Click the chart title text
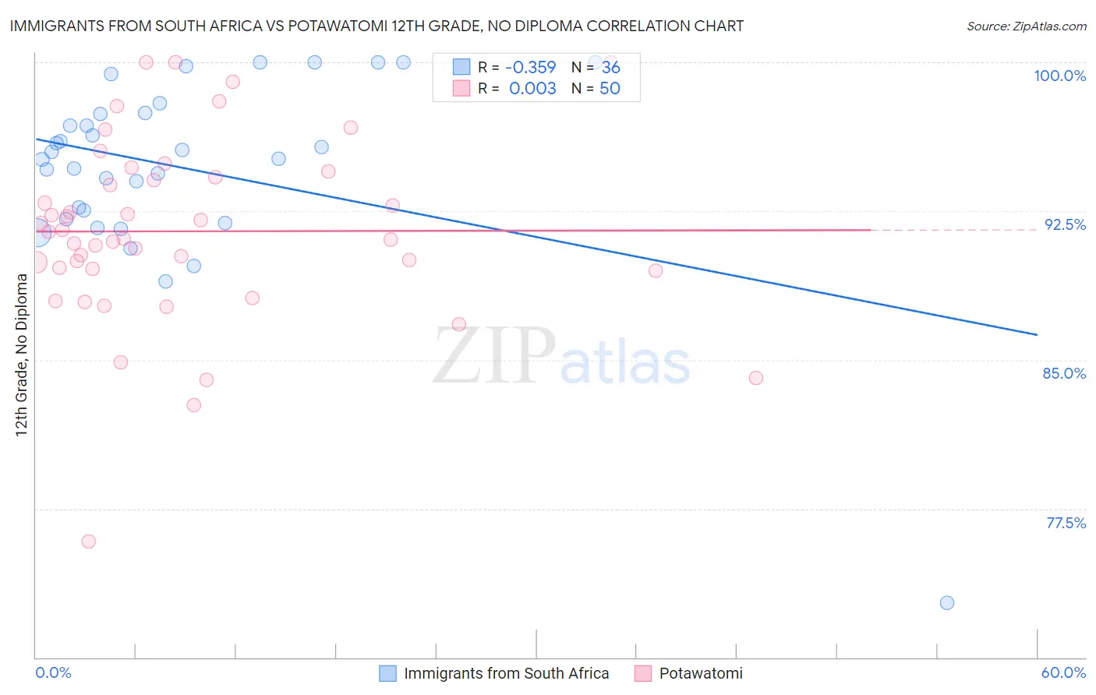[377, 26]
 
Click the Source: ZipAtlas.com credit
[1026, 26]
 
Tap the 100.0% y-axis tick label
[1059, 76]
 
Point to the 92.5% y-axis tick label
[1065, 224]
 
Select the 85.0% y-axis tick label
[1064, 373]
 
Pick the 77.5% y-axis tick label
[1066, 523]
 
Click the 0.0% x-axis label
[53, 672]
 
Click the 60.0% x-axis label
[1063, 672]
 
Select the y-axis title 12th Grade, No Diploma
[22, 355]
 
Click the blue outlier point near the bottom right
[947, 602]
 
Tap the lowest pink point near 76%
[89, 542]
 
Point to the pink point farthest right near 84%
[755, 378]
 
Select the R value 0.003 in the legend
[532, 89]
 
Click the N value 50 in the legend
[610, 89]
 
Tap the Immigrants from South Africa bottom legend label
[506, 673]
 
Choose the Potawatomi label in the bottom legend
[701, 673]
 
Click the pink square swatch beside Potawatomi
[643, 673]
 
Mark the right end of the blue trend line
[1037, 334]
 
